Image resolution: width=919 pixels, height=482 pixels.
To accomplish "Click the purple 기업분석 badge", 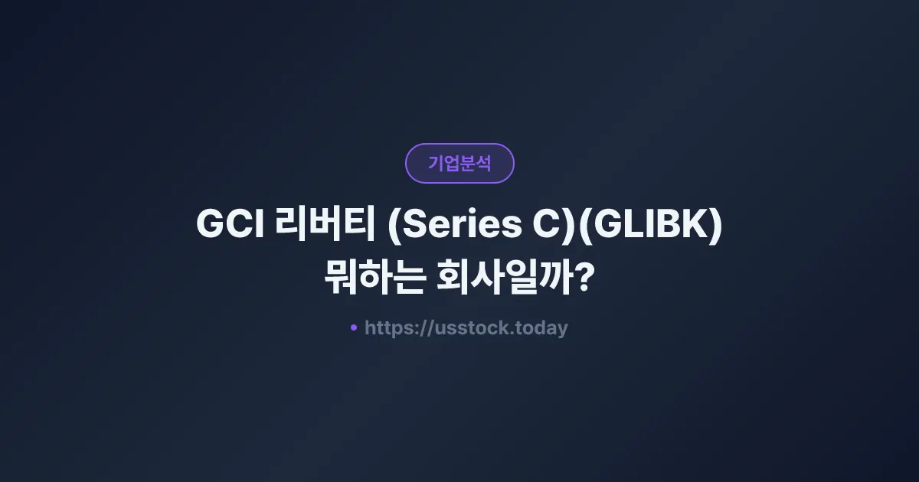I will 459,163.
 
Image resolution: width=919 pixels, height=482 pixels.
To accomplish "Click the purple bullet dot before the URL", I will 353,327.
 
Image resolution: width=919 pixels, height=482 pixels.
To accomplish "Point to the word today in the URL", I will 541,328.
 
